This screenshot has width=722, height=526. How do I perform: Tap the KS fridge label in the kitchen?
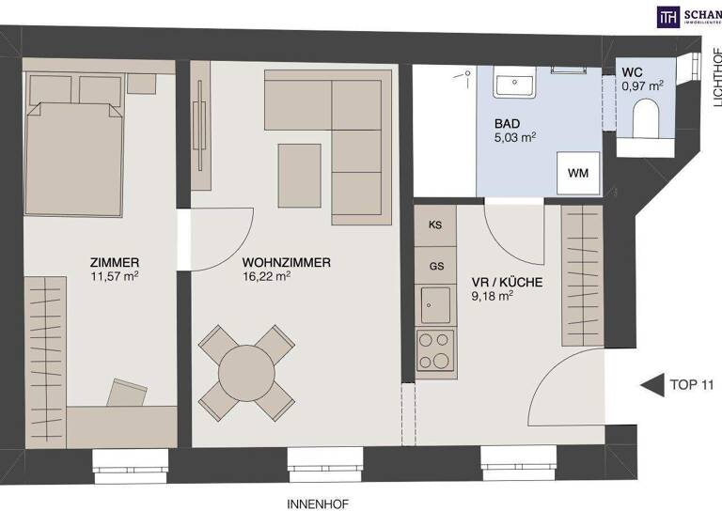pos(435,225)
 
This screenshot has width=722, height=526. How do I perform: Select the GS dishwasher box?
pos(435,266)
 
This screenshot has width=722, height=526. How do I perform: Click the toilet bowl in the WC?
pos(647,119)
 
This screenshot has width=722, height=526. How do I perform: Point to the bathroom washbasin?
pos(515,85)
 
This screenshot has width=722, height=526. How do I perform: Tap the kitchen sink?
pos(435,304)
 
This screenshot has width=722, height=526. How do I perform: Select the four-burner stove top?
pos(435,349)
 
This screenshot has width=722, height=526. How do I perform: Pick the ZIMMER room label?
pos(115,262)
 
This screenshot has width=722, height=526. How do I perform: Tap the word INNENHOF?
pos(318,504)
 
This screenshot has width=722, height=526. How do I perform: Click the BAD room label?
pos(509,123)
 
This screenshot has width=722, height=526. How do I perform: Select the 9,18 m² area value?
pos(492,295)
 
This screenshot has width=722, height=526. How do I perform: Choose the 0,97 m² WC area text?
pos(642,85)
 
